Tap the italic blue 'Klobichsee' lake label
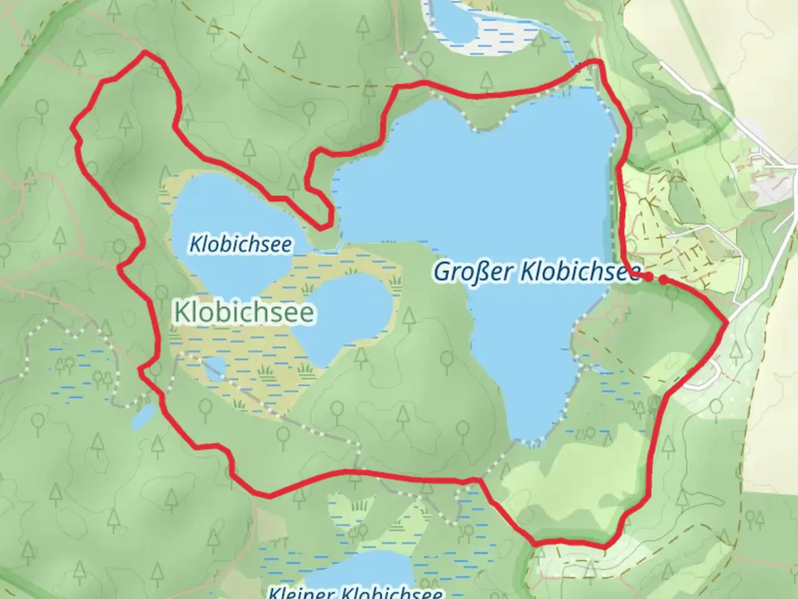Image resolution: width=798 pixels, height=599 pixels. pyautogui.click(x=240, y=244)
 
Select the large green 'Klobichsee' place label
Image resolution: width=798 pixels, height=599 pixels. pyautogui.click(x=244, y=312)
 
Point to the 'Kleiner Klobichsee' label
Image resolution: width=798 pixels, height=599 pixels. pyautogui.click(x=355, y=592)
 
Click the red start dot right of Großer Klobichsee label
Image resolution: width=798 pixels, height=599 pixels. pyautogui.click(x=663, y=279)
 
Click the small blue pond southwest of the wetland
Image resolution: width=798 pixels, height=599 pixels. pyautogui.click(x=143, y=417)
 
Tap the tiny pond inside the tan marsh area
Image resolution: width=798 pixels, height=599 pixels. pyautogui.click(x=215, y=368)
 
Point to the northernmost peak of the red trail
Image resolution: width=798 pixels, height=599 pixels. pyautogui.click(x=145, y=52)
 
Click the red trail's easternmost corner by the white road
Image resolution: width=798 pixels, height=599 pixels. pyautogui.click(x=726, y=322)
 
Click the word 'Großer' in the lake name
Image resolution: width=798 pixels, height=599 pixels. pyautogui.click(x=474, y=272)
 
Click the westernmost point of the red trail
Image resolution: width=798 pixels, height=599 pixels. pyautogui.click(x=72, y=128)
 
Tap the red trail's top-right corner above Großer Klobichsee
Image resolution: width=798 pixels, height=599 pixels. pyautogui.click(x=597, y=61)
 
